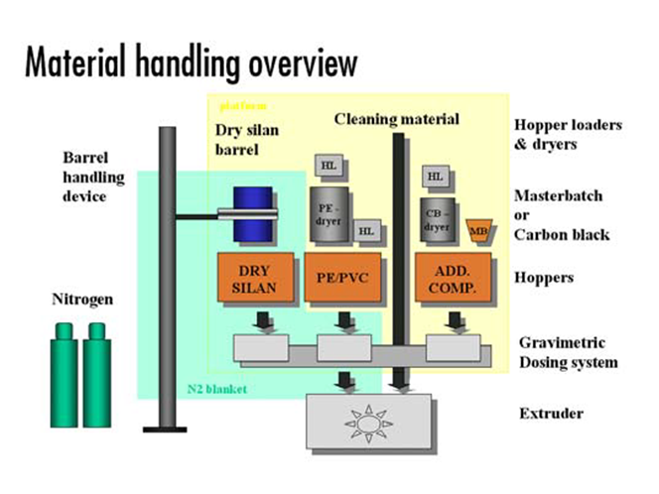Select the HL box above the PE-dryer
point(329,165)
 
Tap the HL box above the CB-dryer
point(434,176)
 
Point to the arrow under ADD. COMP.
point(456,320)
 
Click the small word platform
point(238,103)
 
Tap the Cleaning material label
point(396,119)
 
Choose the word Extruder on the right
point(551,413)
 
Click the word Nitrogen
point(84,298)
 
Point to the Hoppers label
point(544,278)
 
